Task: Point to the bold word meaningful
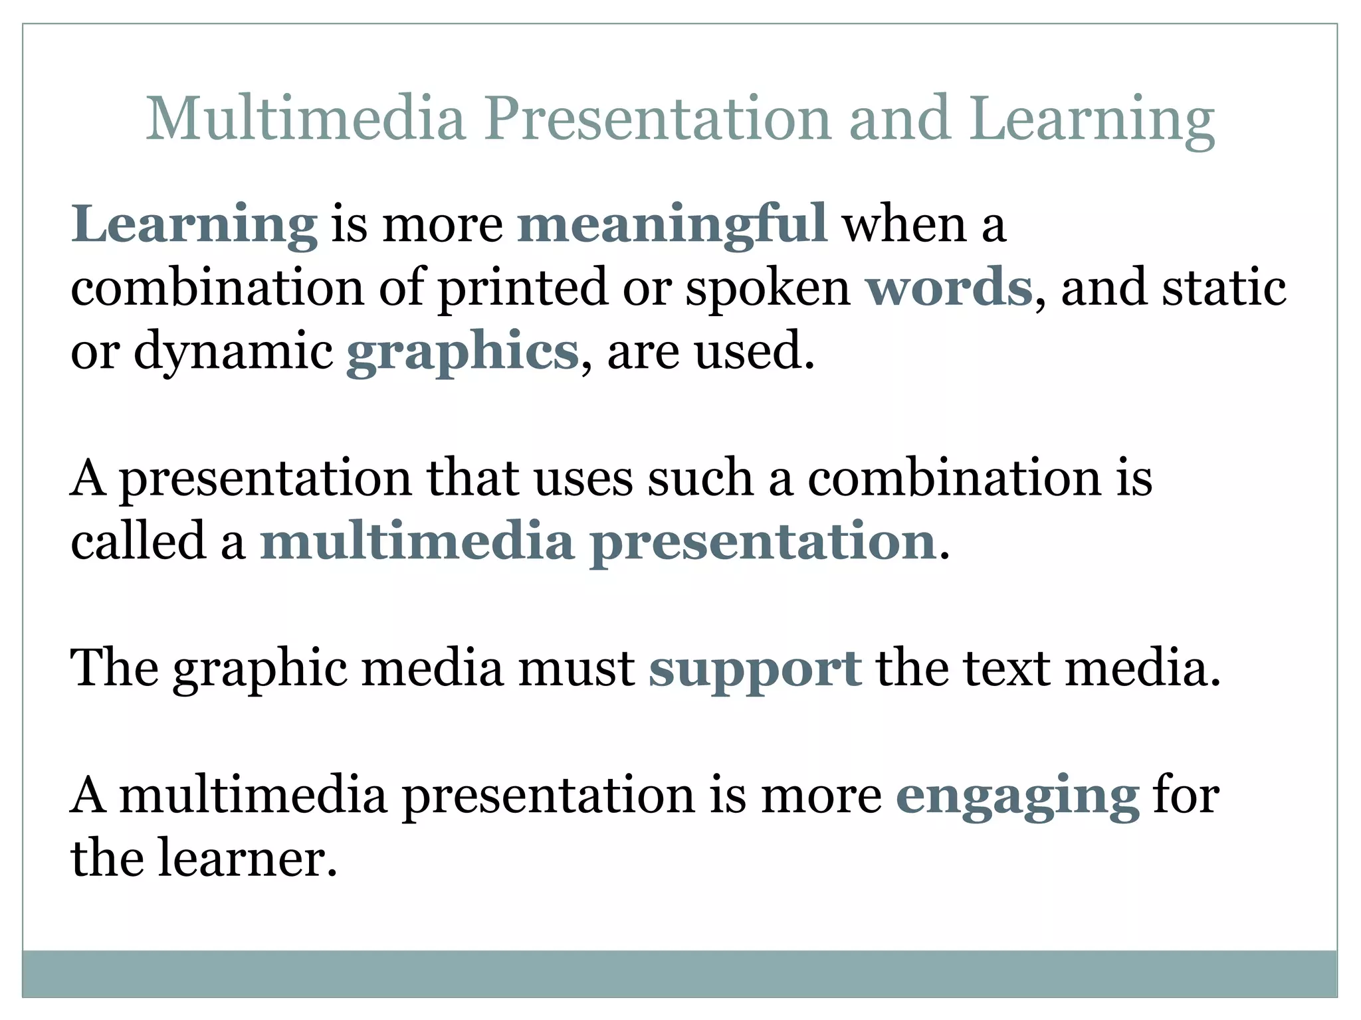[672, 224]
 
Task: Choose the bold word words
[949, 288]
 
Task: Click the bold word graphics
[463, 351]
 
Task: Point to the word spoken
[768, 288]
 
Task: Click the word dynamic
[233, 351]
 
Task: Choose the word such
[700, 478]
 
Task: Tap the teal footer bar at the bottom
[679, 973]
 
